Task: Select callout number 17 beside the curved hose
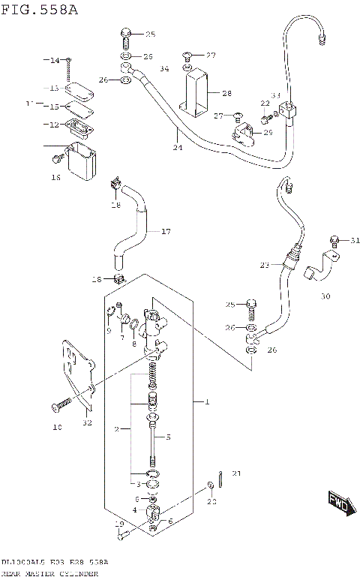point(166,231)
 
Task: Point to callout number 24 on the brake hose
point(177,148)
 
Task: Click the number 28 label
point(226,93)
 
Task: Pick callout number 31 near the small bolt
point(355,240)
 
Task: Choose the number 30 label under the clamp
point(325,296)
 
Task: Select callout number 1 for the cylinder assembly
point(206,402)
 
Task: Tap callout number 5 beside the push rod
point(168,437)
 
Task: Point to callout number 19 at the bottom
point(118,524)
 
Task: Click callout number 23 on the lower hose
point(263,265)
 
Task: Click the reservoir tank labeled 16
point(81,161)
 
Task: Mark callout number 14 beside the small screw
point(54,60)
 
